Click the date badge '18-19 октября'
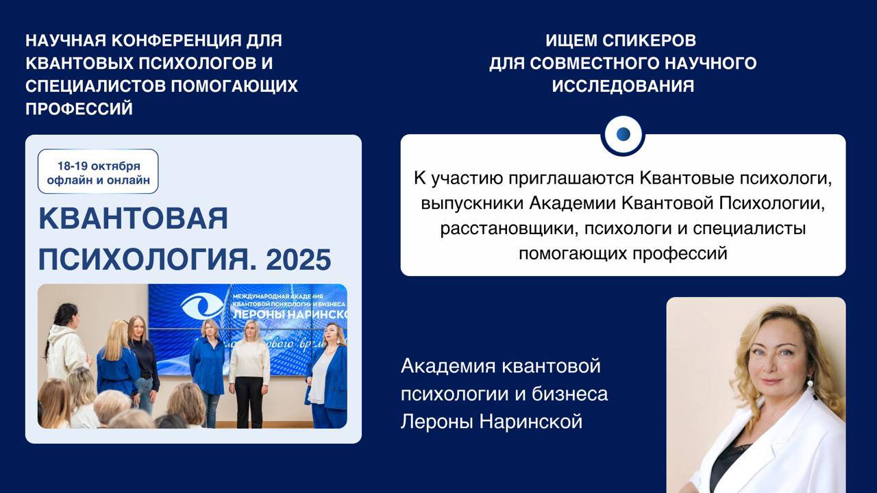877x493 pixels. [x=99, y=166]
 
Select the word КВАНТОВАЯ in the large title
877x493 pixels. [x=133, y=218]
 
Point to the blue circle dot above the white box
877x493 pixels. [x=623, y=134]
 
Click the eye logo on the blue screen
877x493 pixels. [x=203, y=306]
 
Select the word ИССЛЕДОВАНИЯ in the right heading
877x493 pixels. [x=623, y=86]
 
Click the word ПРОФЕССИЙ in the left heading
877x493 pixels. [x=79, y=109]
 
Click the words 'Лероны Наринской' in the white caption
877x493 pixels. [x=491, y=421]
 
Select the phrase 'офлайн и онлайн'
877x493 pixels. [x=98, y=181]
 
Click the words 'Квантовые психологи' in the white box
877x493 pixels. [x=734, y=178]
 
